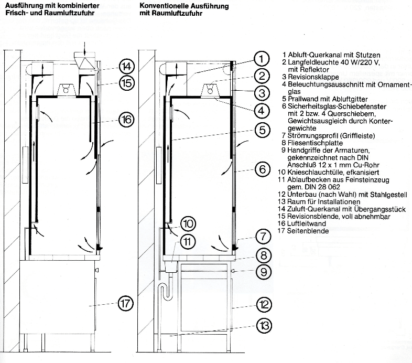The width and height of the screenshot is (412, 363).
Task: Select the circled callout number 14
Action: tap(126, 67)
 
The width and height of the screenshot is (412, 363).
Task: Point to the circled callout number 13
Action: tap(264, 325)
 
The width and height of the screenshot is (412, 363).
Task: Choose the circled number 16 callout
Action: tap(126, 120)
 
